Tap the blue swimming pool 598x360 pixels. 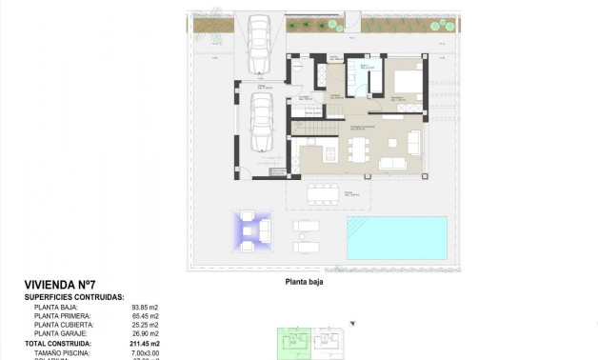396,238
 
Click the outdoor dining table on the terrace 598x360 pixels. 324,194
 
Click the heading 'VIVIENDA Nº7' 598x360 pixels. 60,285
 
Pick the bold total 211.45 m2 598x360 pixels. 146,343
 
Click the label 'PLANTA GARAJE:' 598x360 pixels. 61,333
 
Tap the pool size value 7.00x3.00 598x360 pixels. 146,351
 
